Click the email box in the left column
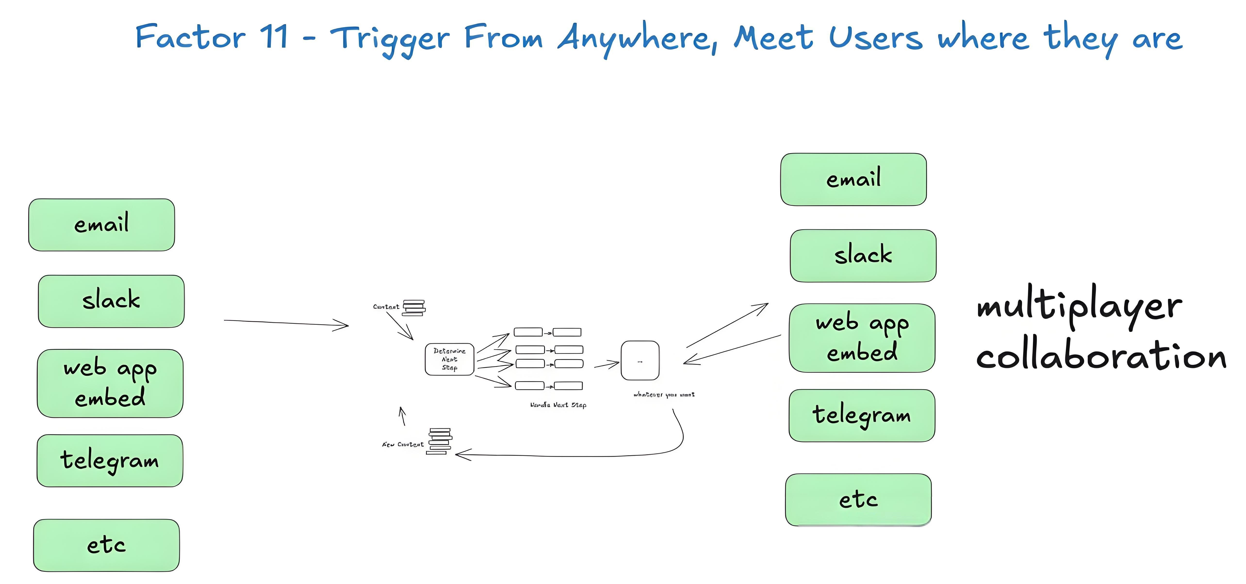pyautogui.click(x=102, y=225)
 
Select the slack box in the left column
pyautogui.click(x=111, y=301)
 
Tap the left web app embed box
pyautogui.click(x=110, y=383)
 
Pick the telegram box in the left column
pyautogui.click(x=110, y=460)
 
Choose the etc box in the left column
pyautogui.click(x=107, y=545)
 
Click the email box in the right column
pyautogui.click(x=853, y=179)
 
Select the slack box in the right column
pyautogui.click(x=863, y=256)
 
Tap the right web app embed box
pyautogui.click(x=862, y=338)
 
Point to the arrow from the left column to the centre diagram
pyautogui.click(x=285, y=323)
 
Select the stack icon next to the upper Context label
pyautogui.click(x=414, y=308)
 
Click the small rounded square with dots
pyautogui.click(x=640, y=361)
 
